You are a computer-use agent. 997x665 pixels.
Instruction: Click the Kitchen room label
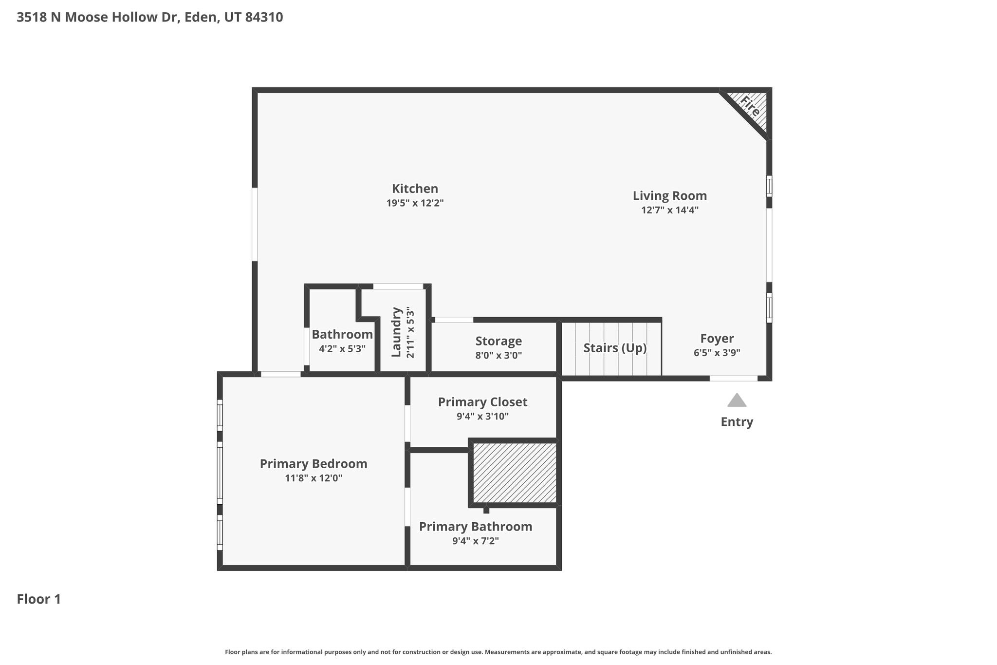point(415,189)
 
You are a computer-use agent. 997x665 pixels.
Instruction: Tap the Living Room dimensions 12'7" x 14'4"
point(669,210)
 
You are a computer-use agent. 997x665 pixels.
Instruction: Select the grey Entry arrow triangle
point(737,400)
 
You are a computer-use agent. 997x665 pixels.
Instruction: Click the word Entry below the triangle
point(737,422)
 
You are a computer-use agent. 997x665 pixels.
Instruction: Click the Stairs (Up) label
point(615,348)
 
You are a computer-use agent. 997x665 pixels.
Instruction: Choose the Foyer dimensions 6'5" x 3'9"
point(717,353)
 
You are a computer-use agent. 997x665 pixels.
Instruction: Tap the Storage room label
point(498,341)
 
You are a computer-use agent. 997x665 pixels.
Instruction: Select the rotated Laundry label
point(396,332)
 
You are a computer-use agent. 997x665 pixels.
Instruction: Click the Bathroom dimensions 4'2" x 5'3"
point(342,349)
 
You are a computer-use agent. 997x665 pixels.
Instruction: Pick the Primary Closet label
point(482,402)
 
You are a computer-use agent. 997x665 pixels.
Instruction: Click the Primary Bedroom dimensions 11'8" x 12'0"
point(314,478)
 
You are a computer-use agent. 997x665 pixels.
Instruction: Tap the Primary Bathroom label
point(475,527)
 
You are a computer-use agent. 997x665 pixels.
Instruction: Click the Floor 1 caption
point(39,599)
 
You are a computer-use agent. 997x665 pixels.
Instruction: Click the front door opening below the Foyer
point(733,378)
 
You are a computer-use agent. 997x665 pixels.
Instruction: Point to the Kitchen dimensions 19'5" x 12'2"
point(415,203)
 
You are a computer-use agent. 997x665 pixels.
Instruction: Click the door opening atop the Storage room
point(453,320)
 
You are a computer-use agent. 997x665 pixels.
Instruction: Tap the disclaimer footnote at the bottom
point(498,652)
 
